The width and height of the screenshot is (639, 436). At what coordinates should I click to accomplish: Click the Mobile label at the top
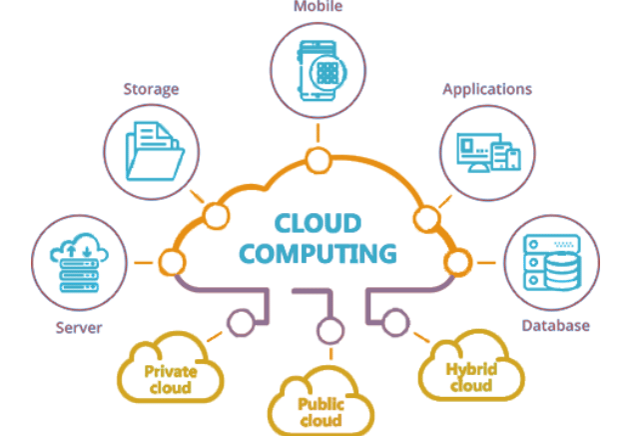click(319, 7)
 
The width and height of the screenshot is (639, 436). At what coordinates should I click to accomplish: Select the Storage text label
click(151, 89)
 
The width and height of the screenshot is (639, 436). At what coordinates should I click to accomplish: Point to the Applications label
click(487, 89)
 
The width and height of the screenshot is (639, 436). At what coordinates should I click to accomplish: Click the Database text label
click(556, 326)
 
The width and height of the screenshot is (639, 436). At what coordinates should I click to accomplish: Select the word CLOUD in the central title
click(319, 220)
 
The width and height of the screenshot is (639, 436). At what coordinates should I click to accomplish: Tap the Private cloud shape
click(170, 373)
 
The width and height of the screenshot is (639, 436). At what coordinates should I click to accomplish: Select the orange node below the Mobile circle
click(319, 158)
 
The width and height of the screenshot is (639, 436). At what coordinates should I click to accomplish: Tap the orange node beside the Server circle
click(171, 263)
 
